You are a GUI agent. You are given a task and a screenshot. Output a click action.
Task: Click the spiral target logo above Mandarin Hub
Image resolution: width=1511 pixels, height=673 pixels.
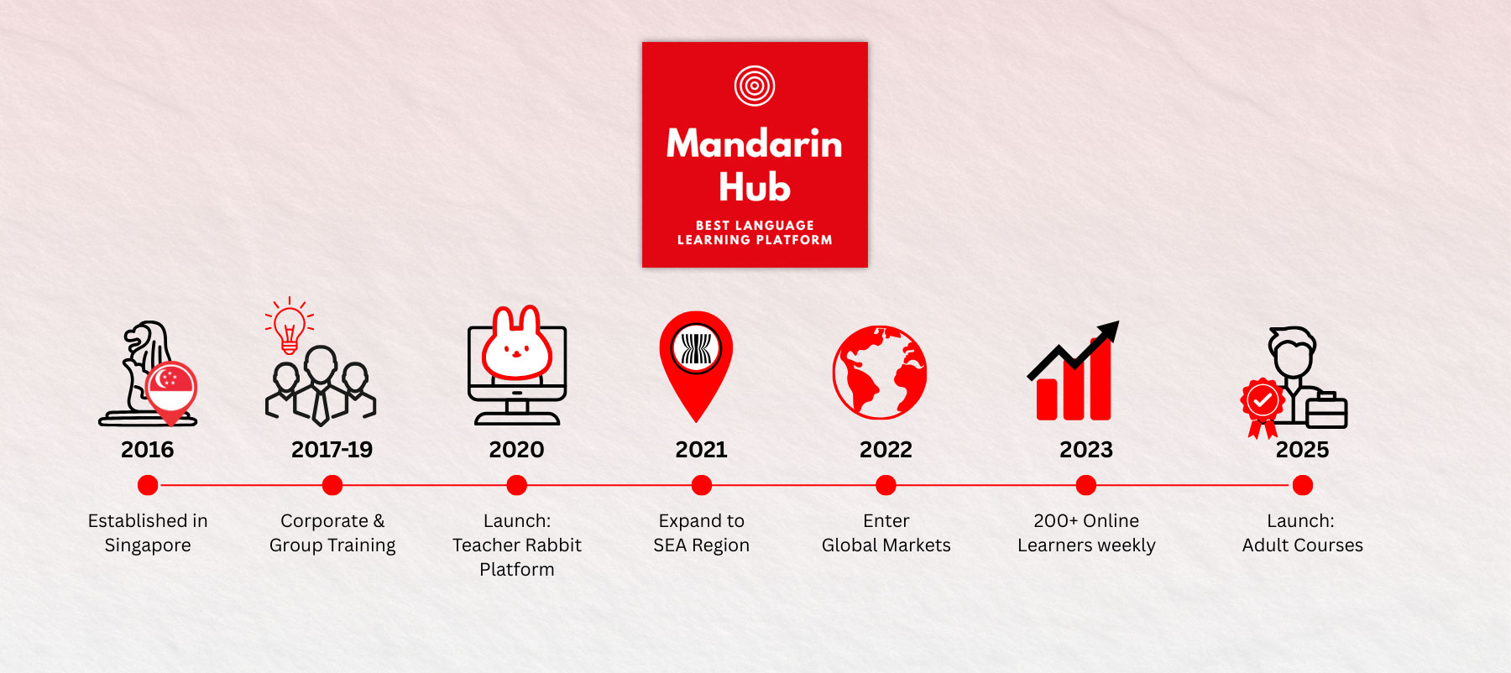[755, 86]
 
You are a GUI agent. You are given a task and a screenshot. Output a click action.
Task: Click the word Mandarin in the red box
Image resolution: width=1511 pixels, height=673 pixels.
[754, 144]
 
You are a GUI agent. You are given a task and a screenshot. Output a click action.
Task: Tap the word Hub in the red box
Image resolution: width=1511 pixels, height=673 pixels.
[755, 187]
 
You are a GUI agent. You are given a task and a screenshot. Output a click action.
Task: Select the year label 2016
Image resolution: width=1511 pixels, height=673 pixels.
[148, 450]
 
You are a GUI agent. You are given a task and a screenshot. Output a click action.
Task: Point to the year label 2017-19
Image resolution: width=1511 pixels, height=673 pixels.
[332, 450]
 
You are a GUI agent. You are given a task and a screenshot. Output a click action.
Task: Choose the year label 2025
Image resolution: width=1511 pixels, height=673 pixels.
[1302, 450]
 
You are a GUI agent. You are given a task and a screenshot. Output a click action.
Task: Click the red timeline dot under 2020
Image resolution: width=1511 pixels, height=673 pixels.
[517, 485]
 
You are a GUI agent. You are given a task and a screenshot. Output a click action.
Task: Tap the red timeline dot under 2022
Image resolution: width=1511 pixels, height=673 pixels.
[886, 485]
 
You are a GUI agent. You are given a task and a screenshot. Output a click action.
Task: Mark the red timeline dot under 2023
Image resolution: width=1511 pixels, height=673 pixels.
[1086, 485]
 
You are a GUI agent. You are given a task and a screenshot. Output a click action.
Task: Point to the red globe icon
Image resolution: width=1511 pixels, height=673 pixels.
[880, 373]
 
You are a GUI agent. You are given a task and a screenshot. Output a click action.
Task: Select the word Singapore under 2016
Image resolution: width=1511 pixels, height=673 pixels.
[148, 545]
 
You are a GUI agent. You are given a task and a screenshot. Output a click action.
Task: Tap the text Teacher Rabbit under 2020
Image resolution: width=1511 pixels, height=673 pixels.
[517, 545]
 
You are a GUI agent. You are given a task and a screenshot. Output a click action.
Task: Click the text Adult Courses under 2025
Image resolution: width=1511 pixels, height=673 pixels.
[1302, 545]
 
